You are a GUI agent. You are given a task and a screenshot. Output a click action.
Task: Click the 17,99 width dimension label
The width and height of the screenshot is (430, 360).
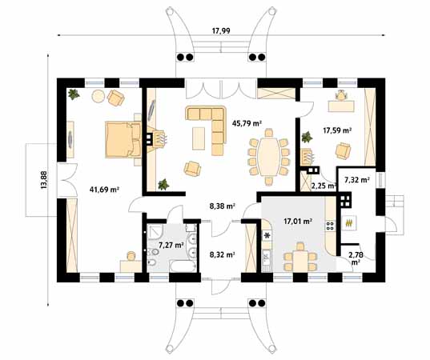[221, 30]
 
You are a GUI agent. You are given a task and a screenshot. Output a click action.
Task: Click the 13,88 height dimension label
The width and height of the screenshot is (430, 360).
[44, 180]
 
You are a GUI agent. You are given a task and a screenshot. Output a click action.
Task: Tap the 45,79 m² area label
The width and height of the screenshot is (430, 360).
[247, 123]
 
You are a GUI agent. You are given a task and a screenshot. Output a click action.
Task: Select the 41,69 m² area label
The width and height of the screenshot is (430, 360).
[104, 189]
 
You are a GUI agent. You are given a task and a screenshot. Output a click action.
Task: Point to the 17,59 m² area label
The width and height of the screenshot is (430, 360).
[337, 130]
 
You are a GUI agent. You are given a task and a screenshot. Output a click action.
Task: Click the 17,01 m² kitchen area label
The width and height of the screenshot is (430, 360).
[298, 221]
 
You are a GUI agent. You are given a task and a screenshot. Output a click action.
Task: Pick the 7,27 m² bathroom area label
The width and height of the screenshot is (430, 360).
[171, 245]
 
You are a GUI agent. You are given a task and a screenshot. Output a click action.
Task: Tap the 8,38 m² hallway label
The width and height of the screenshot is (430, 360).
[222, 206]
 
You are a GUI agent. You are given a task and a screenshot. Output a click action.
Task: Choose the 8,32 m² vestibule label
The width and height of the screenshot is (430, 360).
[222, 254]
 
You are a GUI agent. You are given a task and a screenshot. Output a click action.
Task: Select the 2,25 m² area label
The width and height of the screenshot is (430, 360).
[324, 186]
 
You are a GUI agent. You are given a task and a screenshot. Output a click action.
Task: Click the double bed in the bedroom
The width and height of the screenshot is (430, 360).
[123, 139]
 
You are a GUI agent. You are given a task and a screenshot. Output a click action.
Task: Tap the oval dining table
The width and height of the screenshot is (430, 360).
[267, 157]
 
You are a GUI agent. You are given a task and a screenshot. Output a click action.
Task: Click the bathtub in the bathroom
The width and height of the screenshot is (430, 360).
[183, 266]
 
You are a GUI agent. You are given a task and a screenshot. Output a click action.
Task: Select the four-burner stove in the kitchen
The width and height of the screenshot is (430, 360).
[330, 226]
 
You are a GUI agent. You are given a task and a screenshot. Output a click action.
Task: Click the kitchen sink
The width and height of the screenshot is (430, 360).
[266, 257]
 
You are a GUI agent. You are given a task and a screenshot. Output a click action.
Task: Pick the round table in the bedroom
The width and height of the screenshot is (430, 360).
[98, 96]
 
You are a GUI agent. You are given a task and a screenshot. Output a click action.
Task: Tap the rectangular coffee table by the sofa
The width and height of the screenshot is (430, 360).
[199, 138]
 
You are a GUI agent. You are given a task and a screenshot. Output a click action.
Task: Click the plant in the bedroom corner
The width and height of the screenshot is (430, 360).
[74, 94]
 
